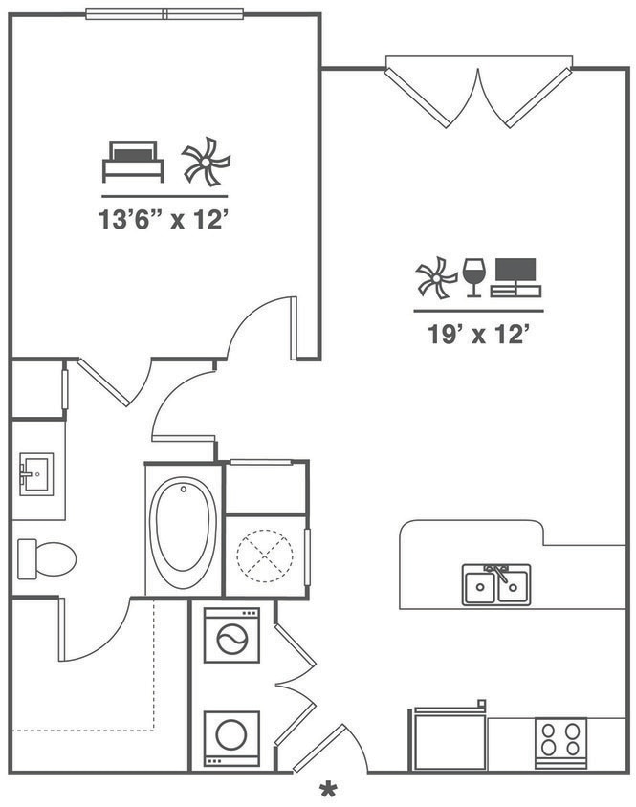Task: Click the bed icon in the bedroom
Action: coord(133,161)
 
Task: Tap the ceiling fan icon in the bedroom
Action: coord(206,161)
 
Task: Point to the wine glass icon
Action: coord(473,276)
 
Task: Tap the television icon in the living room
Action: coord(515,277)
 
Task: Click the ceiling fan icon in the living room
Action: coord(436,278)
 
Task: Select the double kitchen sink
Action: coord(496,584)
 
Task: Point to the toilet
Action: coord(47,558)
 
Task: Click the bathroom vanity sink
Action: coord(35,472)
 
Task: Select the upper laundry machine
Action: coord(230,636)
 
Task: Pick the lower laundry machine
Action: coord(230,737)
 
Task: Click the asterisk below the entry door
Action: coord(329,790)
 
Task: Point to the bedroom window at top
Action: coord(164,13)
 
